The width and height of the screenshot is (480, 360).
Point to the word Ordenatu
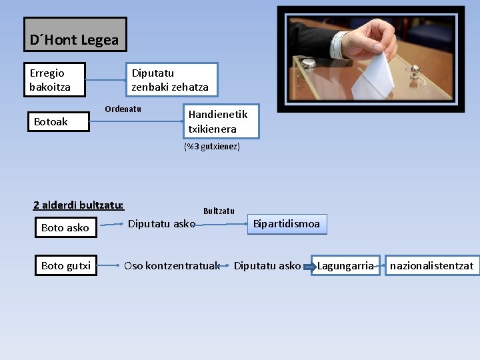point(123,109)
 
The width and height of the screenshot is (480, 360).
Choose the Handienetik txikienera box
point(221,121)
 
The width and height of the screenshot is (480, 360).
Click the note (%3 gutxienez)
point(211,147)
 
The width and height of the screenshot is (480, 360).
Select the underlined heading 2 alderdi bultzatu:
point(79,205)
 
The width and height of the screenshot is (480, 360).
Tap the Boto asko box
point(65,227)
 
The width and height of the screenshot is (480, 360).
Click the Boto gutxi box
point(65,265)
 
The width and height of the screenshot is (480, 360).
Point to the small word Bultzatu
point(219,211)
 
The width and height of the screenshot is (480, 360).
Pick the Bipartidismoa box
point(286,223)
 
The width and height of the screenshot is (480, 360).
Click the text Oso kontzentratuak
point(172,265)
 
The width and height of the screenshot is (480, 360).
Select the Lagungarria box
point(345,265)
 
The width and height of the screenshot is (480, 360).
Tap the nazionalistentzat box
point(431,265)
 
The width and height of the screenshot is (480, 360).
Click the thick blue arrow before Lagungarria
point(308,267)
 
